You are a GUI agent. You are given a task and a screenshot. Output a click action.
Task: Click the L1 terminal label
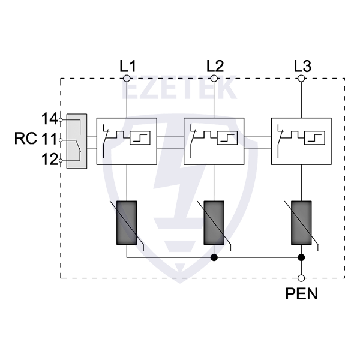[128, 65]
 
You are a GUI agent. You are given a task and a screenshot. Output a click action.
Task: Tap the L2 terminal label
[214, 65]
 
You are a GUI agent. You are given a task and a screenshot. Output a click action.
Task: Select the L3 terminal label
[302, 65]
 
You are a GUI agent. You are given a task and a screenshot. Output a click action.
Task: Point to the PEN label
[302, 294]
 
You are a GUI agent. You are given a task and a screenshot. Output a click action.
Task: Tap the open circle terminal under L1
[127, 78]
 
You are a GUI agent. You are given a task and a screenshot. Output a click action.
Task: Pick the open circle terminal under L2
[214, 78]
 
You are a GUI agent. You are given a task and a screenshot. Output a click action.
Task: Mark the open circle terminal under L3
[302, 78]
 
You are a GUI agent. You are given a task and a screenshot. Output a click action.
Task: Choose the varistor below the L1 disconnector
[127, 222]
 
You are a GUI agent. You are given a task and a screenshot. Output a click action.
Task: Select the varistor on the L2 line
[214, 222]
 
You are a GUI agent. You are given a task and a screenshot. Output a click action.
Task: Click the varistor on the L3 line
[302, 222]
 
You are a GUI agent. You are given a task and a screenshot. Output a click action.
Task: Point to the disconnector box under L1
[127, 141]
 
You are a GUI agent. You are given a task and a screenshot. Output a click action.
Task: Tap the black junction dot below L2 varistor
[214, 257]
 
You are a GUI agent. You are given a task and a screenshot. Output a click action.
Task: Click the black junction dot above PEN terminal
[302, 257]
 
